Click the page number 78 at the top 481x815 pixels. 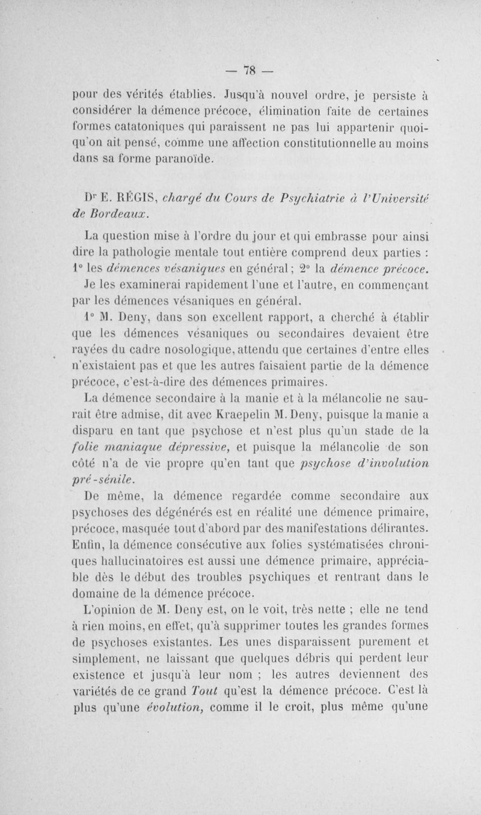click(239, 67)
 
